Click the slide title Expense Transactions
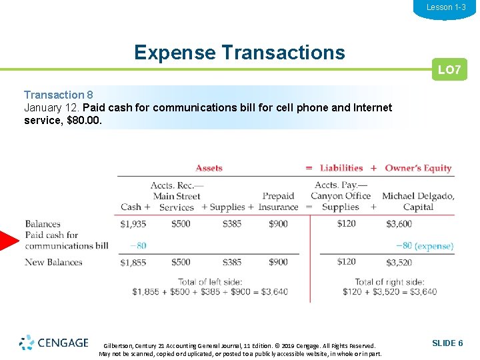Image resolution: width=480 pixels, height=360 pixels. tap(239, 52)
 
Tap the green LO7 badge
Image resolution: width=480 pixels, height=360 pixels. tap(449, 70)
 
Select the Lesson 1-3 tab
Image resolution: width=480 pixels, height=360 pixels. tap(446, 7)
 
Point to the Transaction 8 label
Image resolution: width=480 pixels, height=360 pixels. tap(63, 95)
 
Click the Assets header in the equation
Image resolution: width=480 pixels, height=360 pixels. tap(209, 168)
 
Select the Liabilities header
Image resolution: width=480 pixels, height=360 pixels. tap(341, 168)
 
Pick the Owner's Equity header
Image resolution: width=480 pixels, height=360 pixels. tap(418, 168)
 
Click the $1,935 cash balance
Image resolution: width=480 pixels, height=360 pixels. tap(133, 224)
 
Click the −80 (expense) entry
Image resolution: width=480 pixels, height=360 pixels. tap(425, 246)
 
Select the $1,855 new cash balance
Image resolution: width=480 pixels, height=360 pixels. tap(133, 262)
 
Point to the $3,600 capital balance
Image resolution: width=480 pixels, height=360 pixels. tap(399, 224)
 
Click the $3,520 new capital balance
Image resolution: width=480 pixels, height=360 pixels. tap(399, 262)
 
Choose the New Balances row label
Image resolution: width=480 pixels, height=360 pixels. tap(53, 262)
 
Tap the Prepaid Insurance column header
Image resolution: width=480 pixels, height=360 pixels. tap(278, 201)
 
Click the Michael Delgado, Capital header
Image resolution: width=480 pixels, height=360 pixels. tap(418, 201)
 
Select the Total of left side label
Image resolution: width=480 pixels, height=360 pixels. tap(210, 282)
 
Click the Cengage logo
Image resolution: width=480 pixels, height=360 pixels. tap(54, 343)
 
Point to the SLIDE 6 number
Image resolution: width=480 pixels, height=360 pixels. tap(447, 343)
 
